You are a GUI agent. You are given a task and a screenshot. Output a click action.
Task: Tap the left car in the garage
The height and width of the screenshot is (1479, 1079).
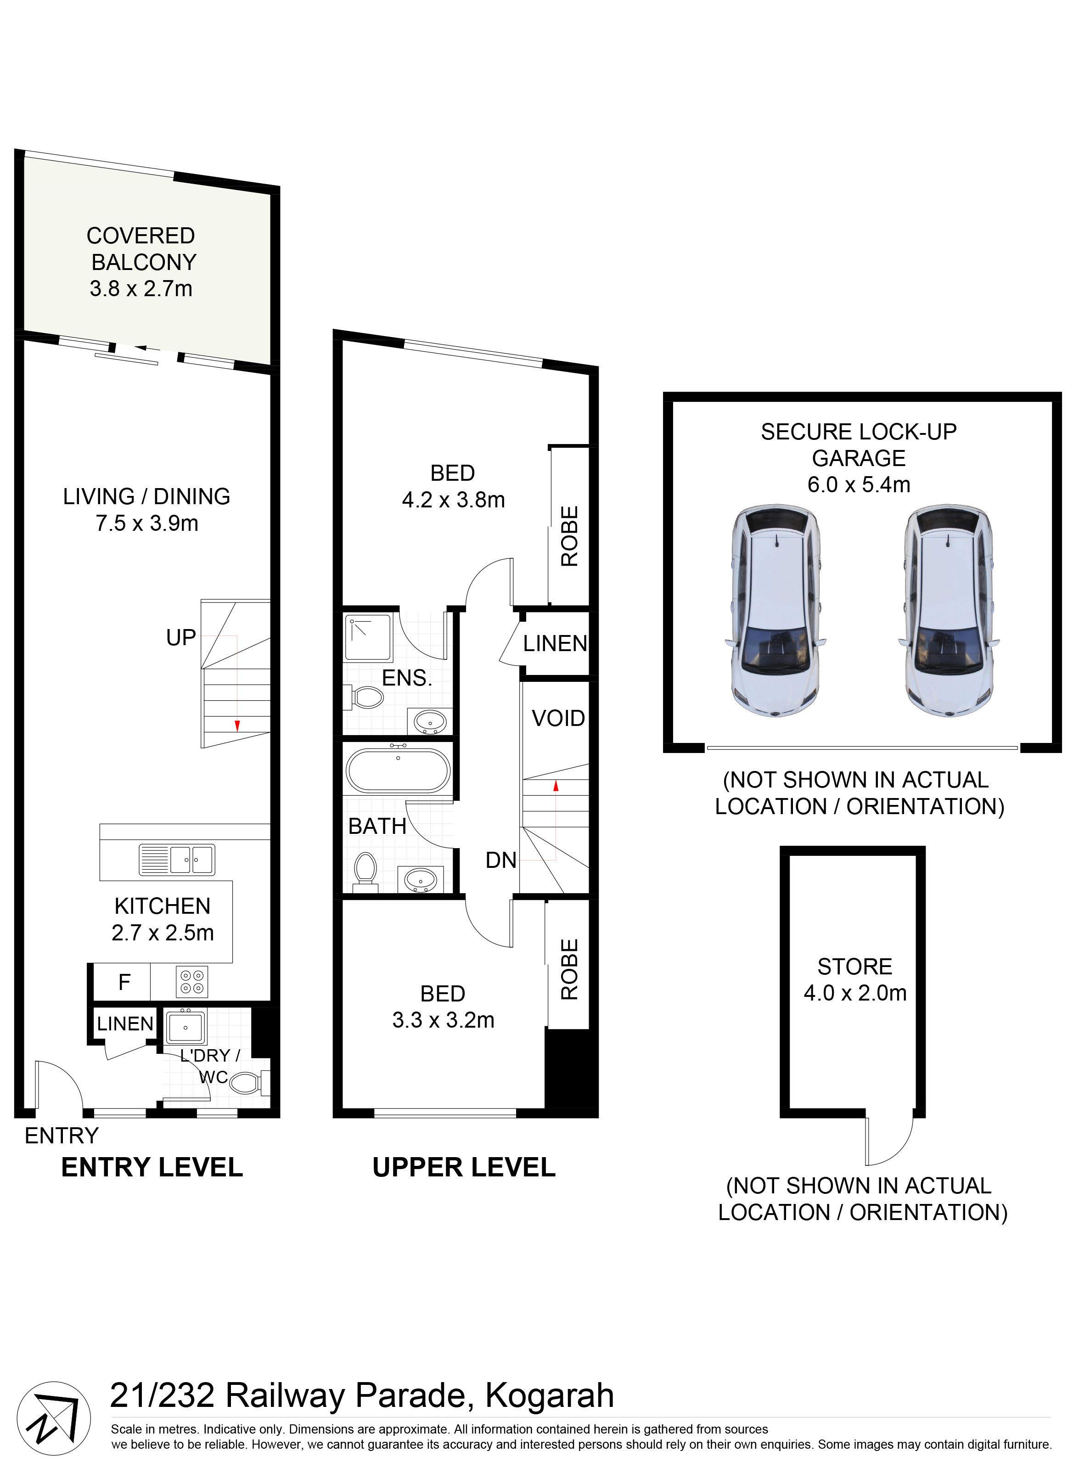[776, 612]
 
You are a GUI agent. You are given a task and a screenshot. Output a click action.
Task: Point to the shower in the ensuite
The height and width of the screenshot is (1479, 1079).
[368, 637]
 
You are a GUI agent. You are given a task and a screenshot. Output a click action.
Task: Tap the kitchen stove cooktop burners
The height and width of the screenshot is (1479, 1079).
[192, 981]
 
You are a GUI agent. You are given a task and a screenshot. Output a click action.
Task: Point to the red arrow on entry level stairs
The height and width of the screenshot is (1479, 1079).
[237, 725]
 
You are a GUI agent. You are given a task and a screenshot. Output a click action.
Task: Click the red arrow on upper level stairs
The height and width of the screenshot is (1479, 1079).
[556, 786]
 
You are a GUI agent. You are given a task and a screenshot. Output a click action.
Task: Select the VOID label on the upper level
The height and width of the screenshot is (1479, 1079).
[558, 719]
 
